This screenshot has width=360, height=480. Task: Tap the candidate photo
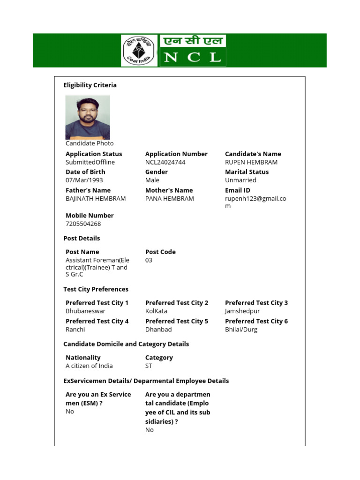[88, 117]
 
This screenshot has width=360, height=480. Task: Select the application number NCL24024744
[165, 162]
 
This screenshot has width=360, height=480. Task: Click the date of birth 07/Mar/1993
[84, 180]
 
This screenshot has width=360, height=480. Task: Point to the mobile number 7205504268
[83, 224]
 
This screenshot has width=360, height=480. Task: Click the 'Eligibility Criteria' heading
[90, 85]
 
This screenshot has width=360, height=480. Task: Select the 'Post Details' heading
[82, 238]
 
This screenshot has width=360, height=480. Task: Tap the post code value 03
[149, 260]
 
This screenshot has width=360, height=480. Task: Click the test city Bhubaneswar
[85, 311]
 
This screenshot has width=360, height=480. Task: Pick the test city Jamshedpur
[242, 311]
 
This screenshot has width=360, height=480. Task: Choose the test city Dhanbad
[159, 330]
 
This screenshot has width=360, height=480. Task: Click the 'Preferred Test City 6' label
[256, 321]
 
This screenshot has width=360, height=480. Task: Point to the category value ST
[149, 366]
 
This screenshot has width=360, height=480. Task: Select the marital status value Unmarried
[240, 180]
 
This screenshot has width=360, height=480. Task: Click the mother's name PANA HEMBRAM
[170, 199]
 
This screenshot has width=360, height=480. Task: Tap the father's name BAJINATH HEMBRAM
[96, 199]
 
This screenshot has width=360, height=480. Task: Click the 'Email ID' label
[238, 190]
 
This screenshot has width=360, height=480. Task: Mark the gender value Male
[152, 180]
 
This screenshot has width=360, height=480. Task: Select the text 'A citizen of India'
[89, 366]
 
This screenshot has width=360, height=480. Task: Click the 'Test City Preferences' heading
[96, 289]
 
